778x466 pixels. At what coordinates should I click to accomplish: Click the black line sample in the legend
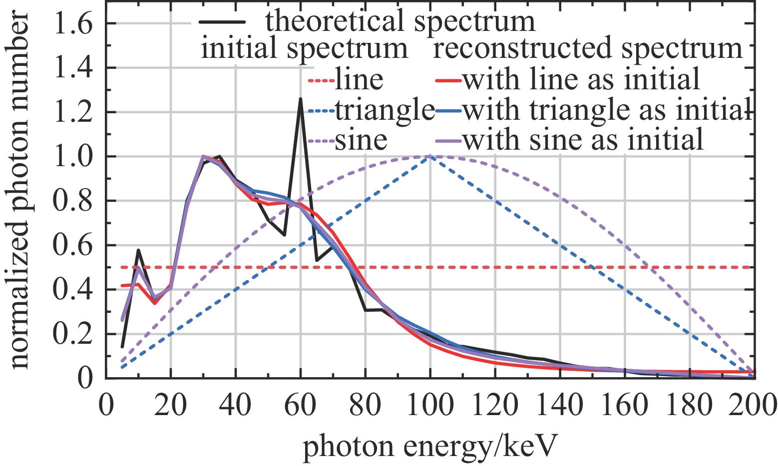click(x=223, y=22)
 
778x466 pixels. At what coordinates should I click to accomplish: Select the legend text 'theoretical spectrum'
click(x=400, y=21)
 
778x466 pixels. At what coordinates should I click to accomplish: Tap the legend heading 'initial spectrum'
click(x=304, y=49)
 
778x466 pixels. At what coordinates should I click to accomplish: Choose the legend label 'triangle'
click(x=385, y=110)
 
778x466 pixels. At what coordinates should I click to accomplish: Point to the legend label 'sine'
click(x=361, y=140)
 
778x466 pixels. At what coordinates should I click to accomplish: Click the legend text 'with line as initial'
click(x=582, y=80)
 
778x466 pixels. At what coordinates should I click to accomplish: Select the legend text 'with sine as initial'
click(x=583, y=140)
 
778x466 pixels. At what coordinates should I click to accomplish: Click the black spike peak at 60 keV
click(x=300, y=99)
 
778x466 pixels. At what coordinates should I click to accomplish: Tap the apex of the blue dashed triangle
click(x=429, y=157)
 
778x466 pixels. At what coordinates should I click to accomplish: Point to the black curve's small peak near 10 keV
click(x=138, y=250)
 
